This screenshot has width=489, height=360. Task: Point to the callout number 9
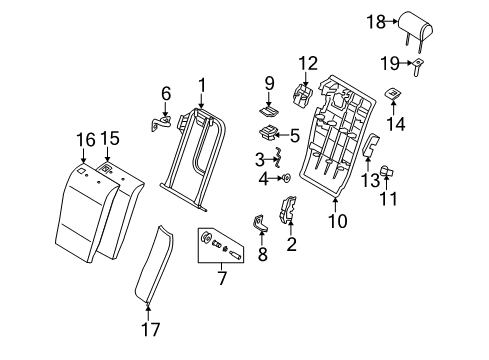click(269, 83)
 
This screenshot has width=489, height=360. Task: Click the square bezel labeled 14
click(394, 94)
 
